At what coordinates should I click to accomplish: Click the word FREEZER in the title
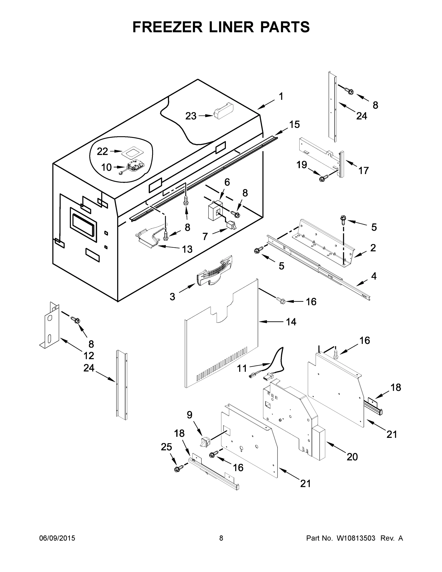pyautogui.click(x=167, y=27)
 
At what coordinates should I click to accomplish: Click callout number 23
pyautogui.click(x=191, y=116)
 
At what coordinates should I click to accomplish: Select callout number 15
pyautogui.click(x=294, y=124)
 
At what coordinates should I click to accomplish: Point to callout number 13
pyautogui.click(x=187, y=249)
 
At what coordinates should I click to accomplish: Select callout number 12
pyautogui.click(x=89, y=355)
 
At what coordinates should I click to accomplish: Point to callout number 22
pyautogui.click(x=102, y=151)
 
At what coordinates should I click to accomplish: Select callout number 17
pyautogui.click(x=363, y=170)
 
